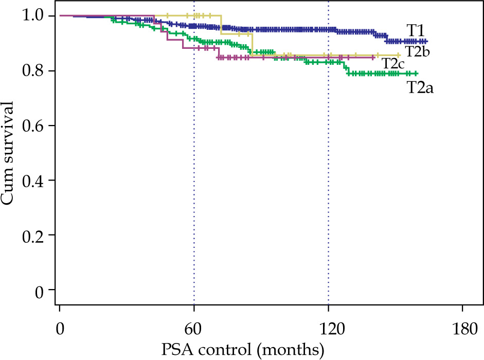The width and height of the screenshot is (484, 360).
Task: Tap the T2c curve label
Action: (x=394, y=64)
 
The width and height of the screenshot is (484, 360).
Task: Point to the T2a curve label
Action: (x=421, y=87)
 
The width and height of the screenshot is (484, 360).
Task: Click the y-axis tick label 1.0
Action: (x=33, y=15)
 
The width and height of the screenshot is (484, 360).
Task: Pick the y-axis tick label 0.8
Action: (x=33, y=70)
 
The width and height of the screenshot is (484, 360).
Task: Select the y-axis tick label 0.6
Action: (x=33, y=125)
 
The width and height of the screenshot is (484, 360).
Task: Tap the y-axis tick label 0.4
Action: (x=33, y=180)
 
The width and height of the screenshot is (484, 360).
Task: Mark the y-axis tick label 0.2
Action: (x=33, y=235)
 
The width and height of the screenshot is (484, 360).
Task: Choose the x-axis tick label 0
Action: (x=60, y=328)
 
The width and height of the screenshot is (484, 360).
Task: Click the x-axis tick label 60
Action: (x=194, y=328)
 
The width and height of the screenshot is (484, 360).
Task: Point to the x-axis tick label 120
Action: (x=328, y=328)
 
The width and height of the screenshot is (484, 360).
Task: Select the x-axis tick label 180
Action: (x=463, y=328)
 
